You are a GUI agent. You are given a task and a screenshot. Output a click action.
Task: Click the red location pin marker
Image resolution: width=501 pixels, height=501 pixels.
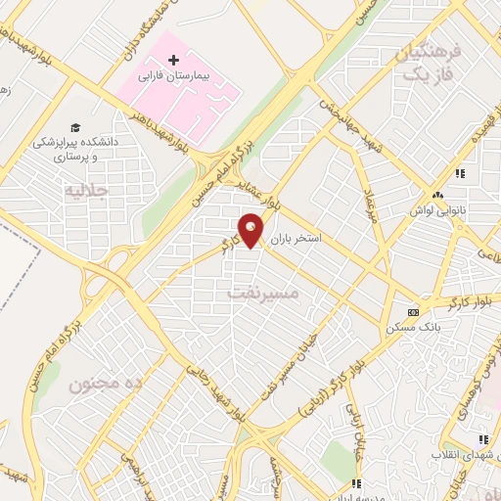[x=251, y=230]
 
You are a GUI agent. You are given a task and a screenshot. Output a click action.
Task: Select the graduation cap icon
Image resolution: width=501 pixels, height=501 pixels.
[x=75, y=127]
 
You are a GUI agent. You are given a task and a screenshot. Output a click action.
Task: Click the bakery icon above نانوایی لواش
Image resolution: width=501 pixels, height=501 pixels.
[x=460, y=174]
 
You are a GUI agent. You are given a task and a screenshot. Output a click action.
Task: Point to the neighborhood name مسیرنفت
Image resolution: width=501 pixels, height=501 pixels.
[x=259, y=293]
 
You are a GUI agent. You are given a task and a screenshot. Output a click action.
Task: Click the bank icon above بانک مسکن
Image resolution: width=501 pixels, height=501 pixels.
[x=413, y=313]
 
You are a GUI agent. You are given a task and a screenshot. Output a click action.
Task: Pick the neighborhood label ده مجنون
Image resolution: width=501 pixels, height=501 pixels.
[x=105, y=384]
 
